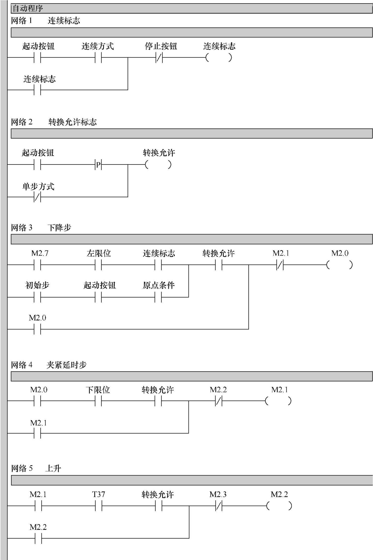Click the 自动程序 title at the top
tap(28, 8)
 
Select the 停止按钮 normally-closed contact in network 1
tap(159, 58)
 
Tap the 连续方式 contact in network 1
tap(98, 58)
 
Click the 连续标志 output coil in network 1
tap(218, 58)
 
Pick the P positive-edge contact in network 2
tap(98, 165)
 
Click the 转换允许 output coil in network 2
tap(158, 165)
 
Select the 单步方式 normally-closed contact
tap(37, 197)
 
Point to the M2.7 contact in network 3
tap(37, 265)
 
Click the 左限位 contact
tap(98, 265)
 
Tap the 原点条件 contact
tap(158, 297)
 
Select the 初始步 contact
tap(37, 297)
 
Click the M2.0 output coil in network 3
tap(339, 265)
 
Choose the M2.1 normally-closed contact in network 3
tap(280, 265)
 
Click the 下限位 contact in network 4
tap(98, 401)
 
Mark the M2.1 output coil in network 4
tap(278, 401)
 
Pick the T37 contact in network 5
tap(99, 506)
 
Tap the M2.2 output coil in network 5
tap(279, 506)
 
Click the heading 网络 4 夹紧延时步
tap(49, 365)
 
